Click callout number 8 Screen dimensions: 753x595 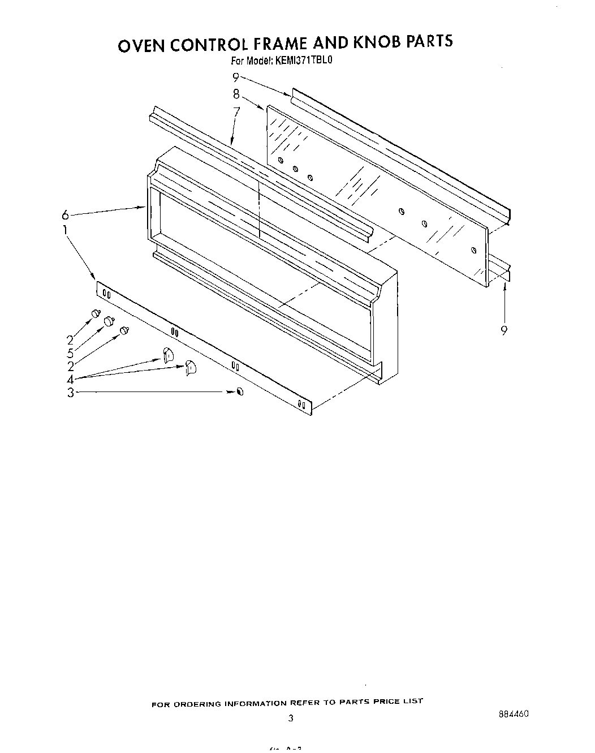pyautogui.click(x=236, y=94)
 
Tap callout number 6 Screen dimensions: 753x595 pyautogui.click(x=66, y=215)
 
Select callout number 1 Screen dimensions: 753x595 pyautogui.click(x=65, y=230)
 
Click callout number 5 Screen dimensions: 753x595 pyautogui.click(x=70, y=353)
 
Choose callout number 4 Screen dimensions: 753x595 pyautogui.click(x=70, y=379)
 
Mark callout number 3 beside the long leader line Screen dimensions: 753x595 pyautogui.click(x=70, y=392)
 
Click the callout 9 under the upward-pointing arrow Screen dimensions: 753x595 pyautogui.click(x=503, y=331)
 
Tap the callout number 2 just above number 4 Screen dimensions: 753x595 pyautogui.click(x=70, y=366)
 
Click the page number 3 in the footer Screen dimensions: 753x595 pyautogui.click(x=291, y=719)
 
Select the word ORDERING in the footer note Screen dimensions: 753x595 pyautogui.click(x=197, y=704)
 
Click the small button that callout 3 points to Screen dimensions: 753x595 pyautogui.click(x=240, y=391)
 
